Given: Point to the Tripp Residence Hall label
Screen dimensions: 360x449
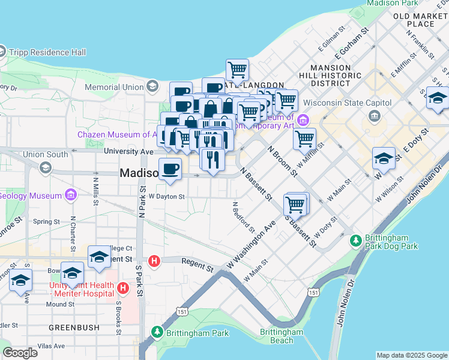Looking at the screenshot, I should tap(47, 52).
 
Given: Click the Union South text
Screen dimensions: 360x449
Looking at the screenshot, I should tap(45, 154).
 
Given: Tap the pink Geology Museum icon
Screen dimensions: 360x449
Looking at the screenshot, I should tap(71, 195).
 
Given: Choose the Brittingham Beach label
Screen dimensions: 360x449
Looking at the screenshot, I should tap(282, 336).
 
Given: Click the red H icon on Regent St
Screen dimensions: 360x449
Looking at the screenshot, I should tap(154, 261).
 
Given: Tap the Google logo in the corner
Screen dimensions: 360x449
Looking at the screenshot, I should tap(20, 352).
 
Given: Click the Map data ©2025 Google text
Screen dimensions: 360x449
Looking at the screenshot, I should tap(411, 355).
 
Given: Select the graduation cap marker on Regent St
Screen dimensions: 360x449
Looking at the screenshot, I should tap(99, 257).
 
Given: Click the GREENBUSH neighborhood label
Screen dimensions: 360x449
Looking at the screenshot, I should tap(70, 328).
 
